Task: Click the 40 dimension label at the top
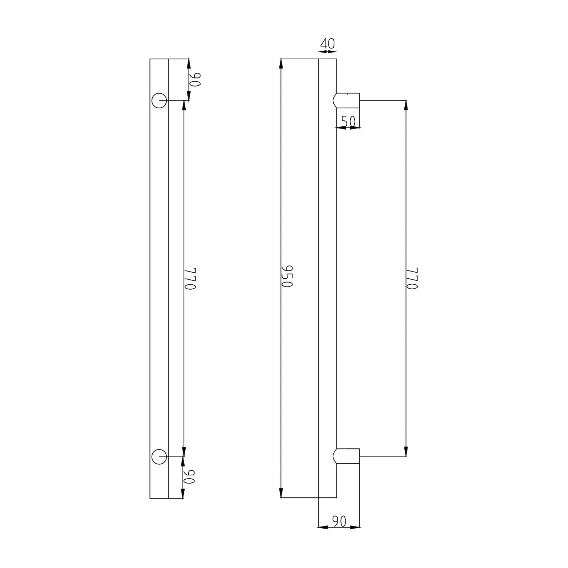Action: pos(327,44)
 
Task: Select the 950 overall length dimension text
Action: pos(287,276)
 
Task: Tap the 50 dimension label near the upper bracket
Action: pos(348,121)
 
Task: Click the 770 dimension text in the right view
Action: pos(412,278)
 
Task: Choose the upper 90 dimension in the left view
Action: pos(196,80)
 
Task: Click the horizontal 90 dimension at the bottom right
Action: pos(339,521)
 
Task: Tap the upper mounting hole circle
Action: pos(159,100)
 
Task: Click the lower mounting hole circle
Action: pos(159,457)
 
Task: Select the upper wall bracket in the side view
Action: pos(347,100)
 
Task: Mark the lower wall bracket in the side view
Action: pos(347,456)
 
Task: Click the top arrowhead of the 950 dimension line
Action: pos(281,63)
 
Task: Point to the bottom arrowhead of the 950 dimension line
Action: pos(281,493)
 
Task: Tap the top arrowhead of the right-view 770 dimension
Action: pos(406,105)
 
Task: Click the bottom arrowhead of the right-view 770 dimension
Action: pos(406,452)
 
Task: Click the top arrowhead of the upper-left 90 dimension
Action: pos(189,63)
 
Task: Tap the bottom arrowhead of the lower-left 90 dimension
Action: pos(183,494)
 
